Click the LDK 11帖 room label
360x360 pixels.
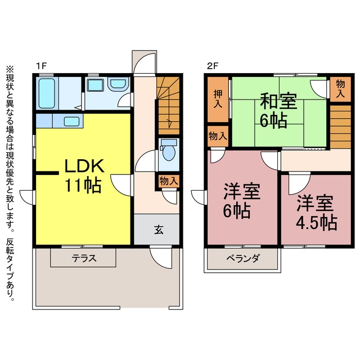(84, 175)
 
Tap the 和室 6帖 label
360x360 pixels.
(278, 110)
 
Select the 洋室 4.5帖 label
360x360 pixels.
(316, 213)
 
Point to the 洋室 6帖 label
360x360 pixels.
(241, 200)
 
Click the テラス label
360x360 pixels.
(84, 259)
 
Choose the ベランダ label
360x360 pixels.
(243, 259)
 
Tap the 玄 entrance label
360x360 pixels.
(159, 229)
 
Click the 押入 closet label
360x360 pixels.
(218, 99)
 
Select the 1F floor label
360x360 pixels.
(41, 66)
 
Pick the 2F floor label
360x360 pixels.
(212, 66)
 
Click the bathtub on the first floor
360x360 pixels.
(47, 93)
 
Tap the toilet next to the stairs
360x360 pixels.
(169, 150)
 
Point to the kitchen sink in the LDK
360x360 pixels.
(71, 121)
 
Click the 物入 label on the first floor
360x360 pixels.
(169, 181)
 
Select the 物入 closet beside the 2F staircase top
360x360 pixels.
(340, 89)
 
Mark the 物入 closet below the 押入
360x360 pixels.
(218, 136)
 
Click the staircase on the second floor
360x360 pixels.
(340, 127)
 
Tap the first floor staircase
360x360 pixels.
(168, 106)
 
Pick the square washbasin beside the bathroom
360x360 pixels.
(95, 85)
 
